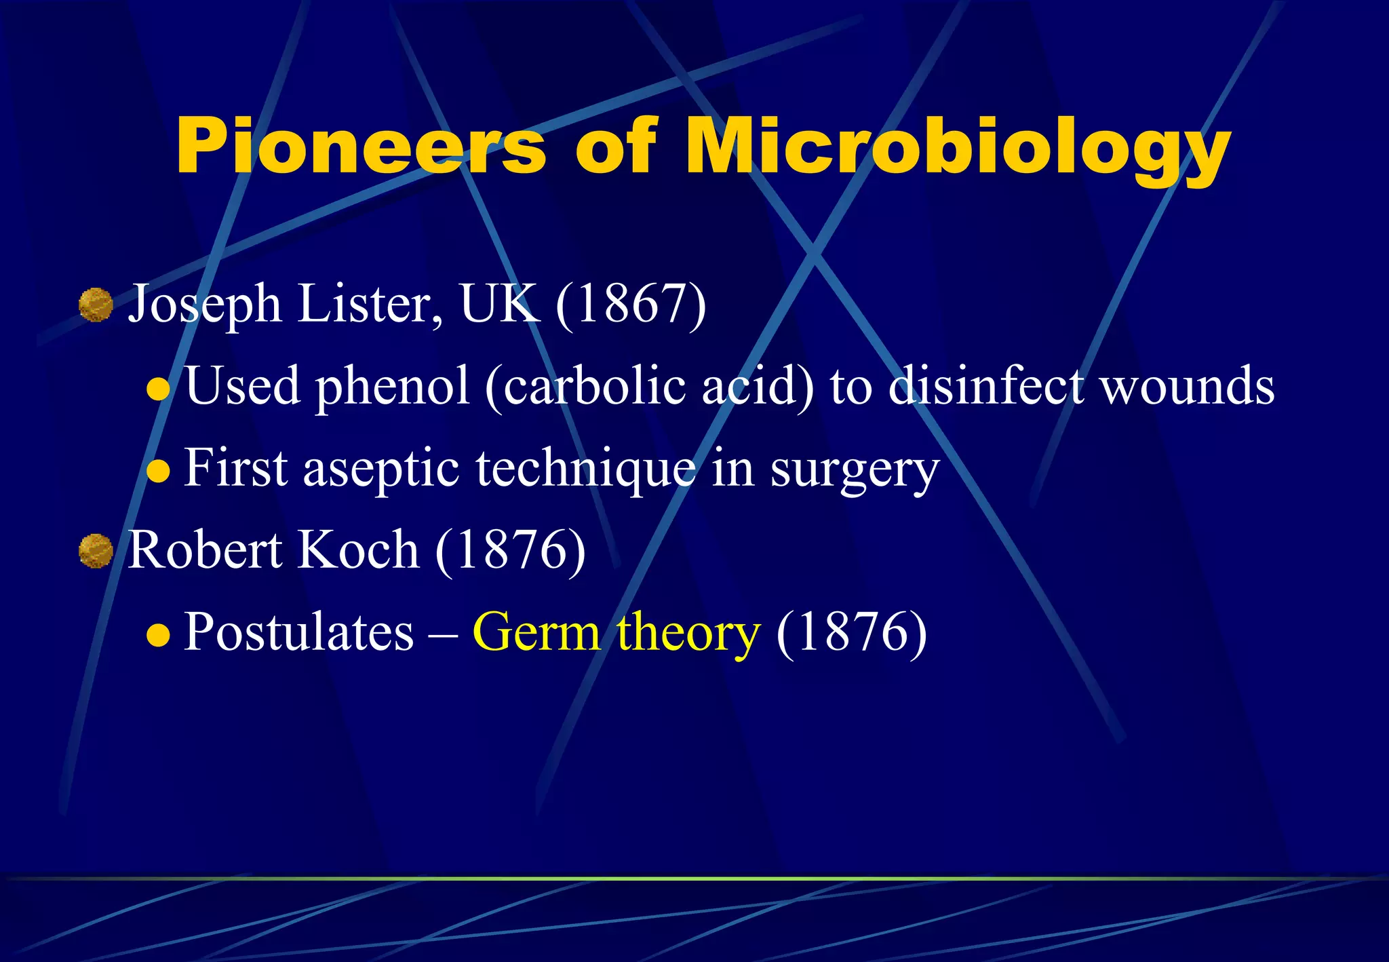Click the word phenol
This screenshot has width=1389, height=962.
(393, 387)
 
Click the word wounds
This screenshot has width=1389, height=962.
(1186, 387)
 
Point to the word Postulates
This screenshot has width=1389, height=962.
(298, 632)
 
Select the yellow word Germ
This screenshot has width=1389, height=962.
(536, 632)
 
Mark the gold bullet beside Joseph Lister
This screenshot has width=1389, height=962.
(96, 305)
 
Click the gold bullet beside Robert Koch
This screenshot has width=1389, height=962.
(96, 550)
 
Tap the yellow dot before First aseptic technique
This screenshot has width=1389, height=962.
(158, 471)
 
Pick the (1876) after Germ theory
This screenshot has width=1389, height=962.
(851, 632)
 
